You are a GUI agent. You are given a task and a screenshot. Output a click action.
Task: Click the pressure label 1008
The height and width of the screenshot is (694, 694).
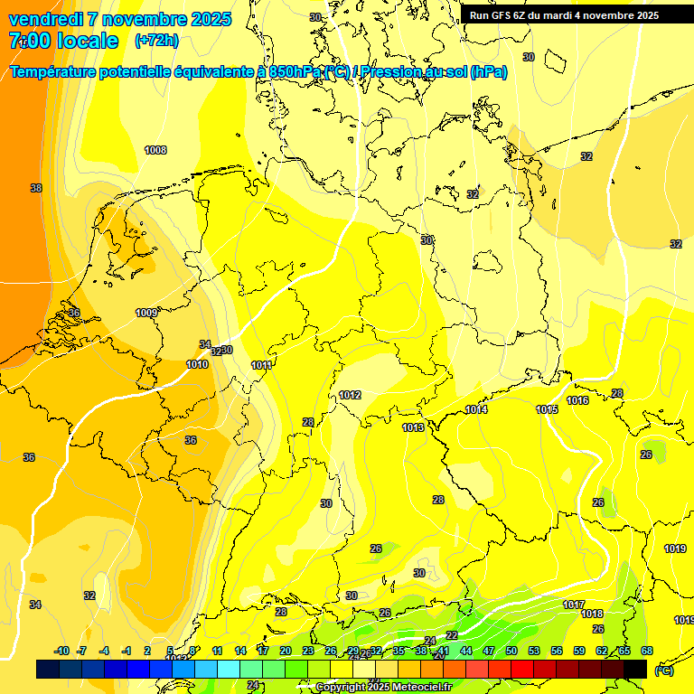pos(155,150)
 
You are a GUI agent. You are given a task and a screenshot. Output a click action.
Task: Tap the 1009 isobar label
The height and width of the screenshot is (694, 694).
pos(146,313)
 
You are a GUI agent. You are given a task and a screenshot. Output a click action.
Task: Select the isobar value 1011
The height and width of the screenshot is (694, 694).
pos(262,365)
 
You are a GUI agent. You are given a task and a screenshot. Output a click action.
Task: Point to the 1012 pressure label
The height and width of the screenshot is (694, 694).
pos(351,395)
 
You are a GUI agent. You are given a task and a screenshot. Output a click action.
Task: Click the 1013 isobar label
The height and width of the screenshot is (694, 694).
pos(413,427)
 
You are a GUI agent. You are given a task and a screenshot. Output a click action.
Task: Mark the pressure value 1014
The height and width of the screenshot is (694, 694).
pos(477,410)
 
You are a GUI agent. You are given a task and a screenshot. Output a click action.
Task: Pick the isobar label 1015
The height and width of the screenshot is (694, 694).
pos(547,409)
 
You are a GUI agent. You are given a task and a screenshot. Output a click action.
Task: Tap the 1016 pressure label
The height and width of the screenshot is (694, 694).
pos(578,400)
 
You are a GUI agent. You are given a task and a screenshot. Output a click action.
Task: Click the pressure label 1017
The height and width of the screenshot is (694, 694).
pos(574,605)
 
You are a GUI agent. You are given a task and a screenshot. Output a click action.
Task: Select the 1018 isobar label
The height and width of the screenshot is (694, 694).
pos(592,614)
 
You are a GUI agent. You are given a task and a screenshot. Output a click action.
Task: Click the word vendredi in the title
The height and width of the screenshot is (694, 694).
pos(48,19)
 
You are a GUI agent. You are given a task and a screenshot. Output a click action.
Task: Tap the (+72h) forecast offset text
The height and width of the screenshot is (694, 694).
pos(156,41)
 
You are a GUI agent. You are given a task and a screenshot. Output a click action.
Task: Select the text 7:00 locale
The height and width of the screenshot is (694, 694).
pos(63,41)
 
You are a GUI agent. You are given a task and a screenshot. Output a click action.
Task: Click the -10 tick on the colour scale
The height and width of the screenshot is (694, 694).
pos(61,651)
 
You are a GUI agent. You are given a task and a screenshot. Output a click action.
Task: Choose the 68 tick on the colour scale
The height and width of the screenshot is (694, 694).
pos(647,651)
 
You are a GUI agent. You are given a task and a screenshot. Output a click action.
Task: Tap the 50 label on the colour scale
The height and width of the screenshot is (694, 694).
pos(511,651)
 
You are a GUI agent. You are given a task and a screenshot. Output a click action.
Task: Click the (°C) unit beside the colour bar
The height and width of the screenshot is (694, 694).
pos(663,671)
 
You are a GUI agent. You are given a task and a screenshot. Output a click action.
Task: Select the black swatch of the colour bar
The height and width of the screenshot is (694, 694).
pos(635,669)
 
